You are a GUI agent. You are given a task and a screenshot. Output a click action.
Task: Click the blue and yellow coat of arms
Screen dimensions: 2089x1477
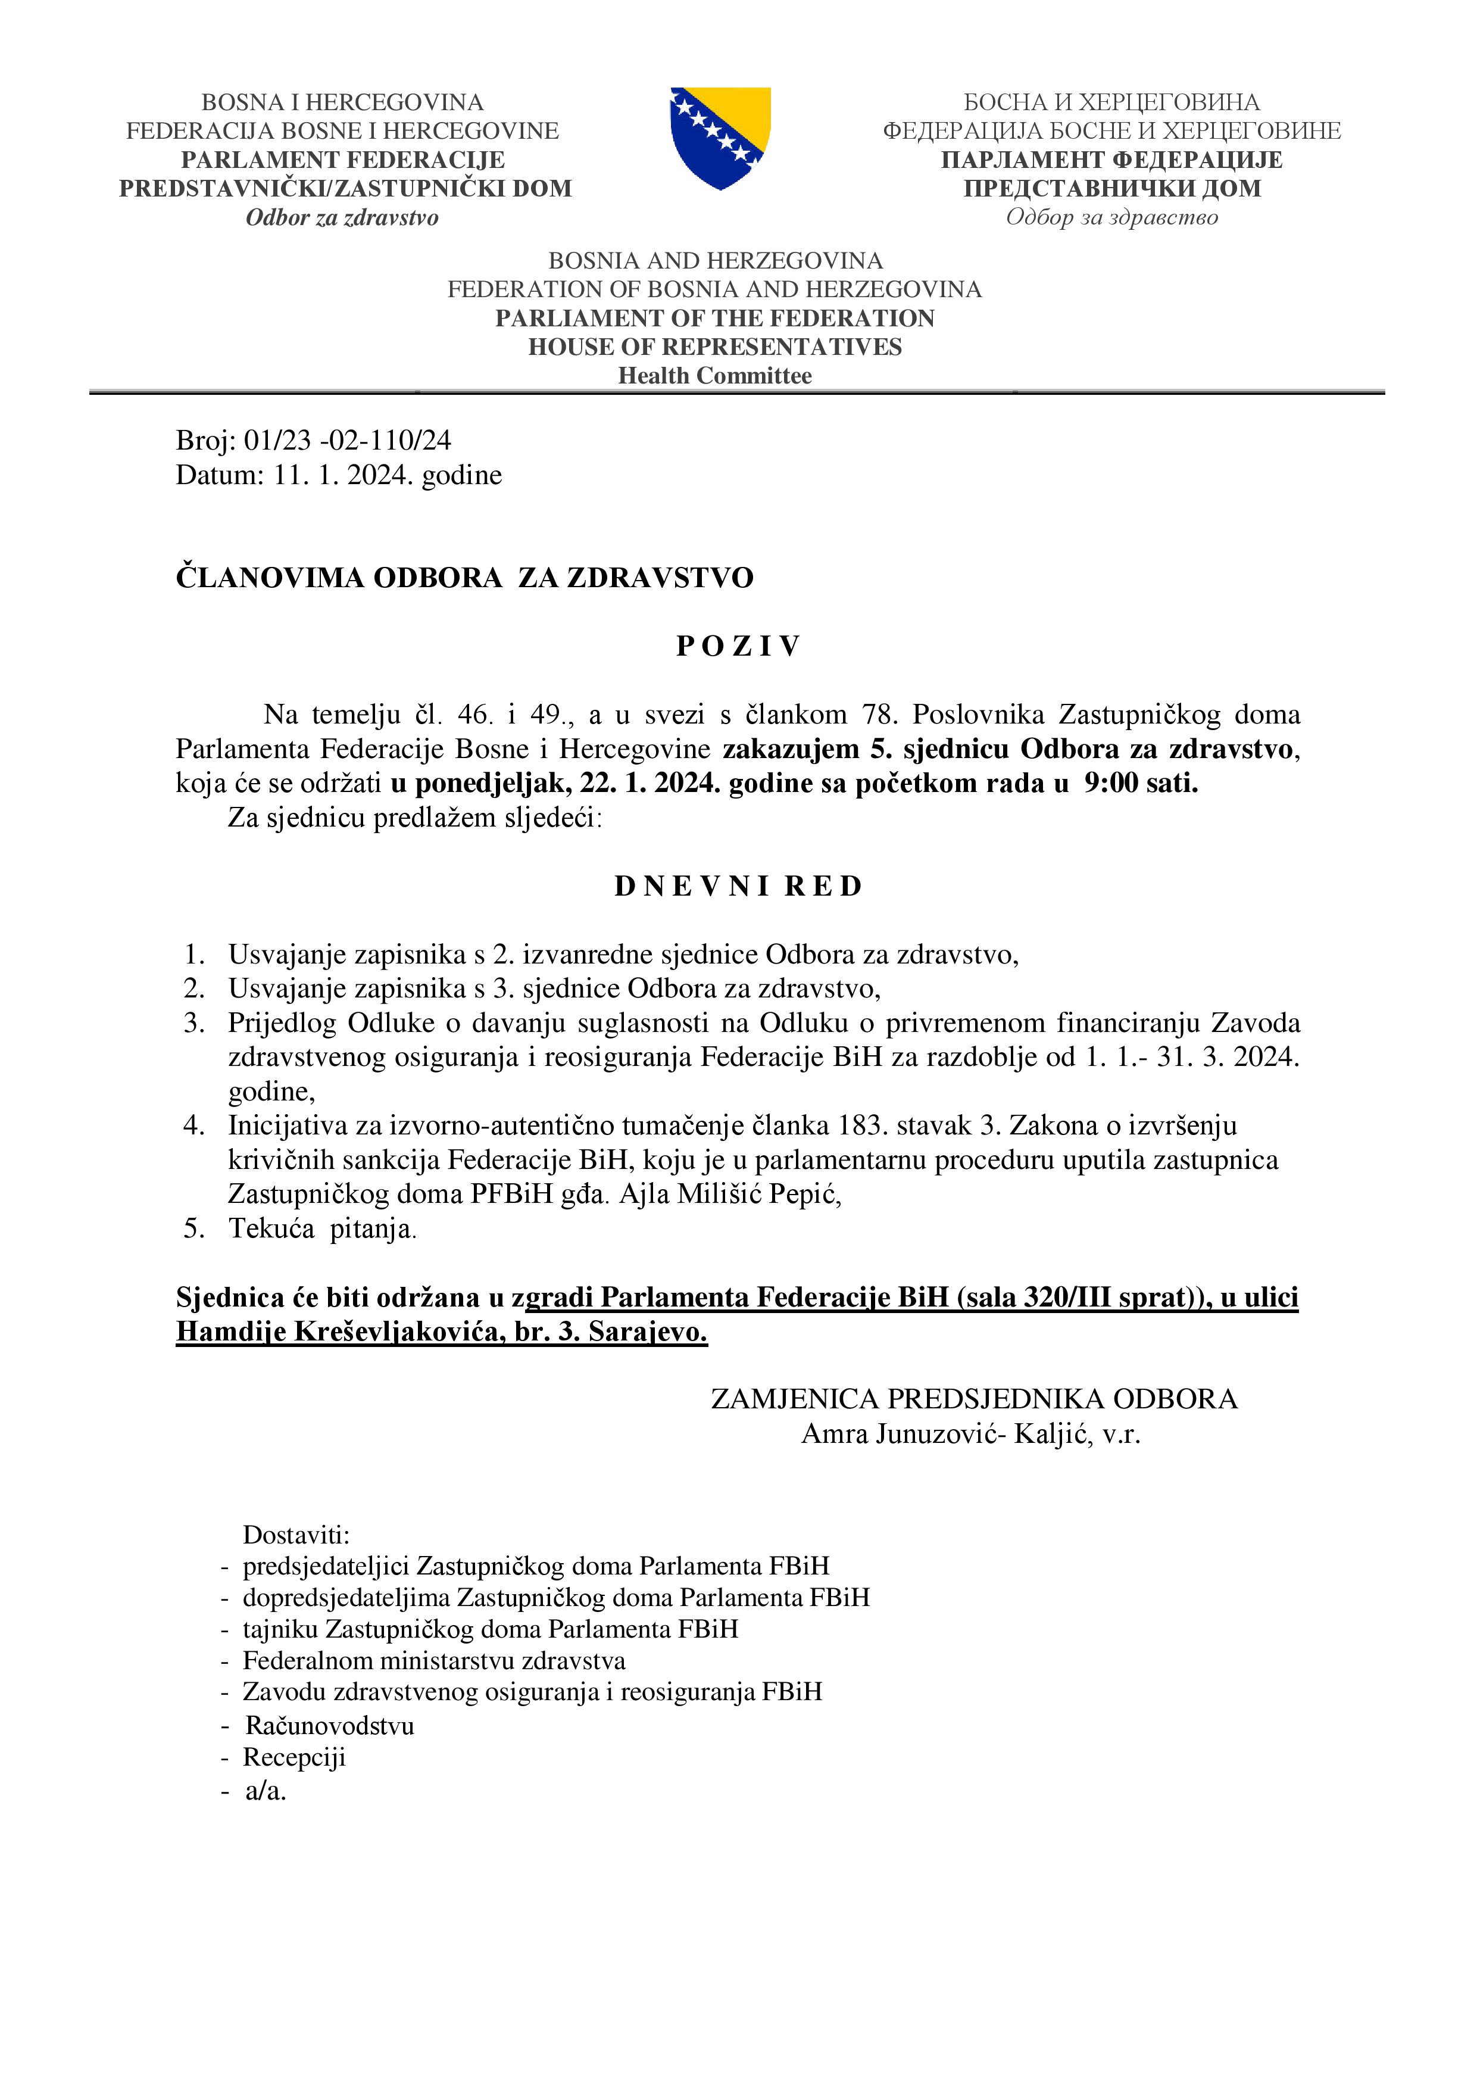pyautogui.click(x=720, y=138)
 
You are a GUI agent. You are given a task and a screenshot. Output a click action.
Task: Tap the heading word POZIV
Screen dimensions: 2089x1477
pyautogui.click(x=738, y=646)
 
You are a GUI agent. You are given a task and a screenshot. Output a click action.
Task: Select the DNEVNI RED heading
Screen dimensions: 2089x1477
pyautogui.click(x=738, y=886)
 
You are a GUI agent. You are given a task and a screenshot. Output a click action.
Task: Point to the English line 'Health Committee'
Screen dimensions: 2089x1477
pyautogui.click(x=715, y=376)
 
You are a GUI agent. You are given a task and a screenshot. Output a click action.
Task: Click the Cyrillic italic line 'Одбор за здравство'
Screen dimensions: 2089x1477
pyautogui.click(x=1111, y=217)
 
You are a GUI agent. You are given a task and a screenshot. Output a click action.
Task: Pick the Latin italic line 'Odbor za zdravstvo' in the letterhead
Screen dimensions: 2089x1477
pyautogui.click(x=342, y=217)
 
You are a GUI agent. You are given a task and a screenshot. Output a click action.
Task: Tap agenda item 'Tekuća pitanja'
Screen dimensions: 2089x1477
pyautogui.click(x=322, y=1229)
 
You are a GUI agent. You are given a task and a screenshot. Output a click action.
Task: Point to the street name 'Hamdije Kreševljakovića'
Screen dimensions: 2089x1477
pyautogui.click(x=336, y=1332)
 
